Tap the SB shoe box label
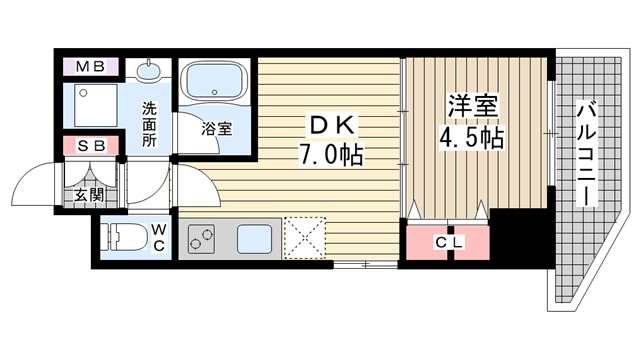point(93,146)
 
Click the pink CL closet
point(448,243)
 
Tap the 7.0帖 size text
point(329,155)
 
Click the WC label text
point(158,240)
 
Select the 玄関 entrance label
point(87,195)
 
